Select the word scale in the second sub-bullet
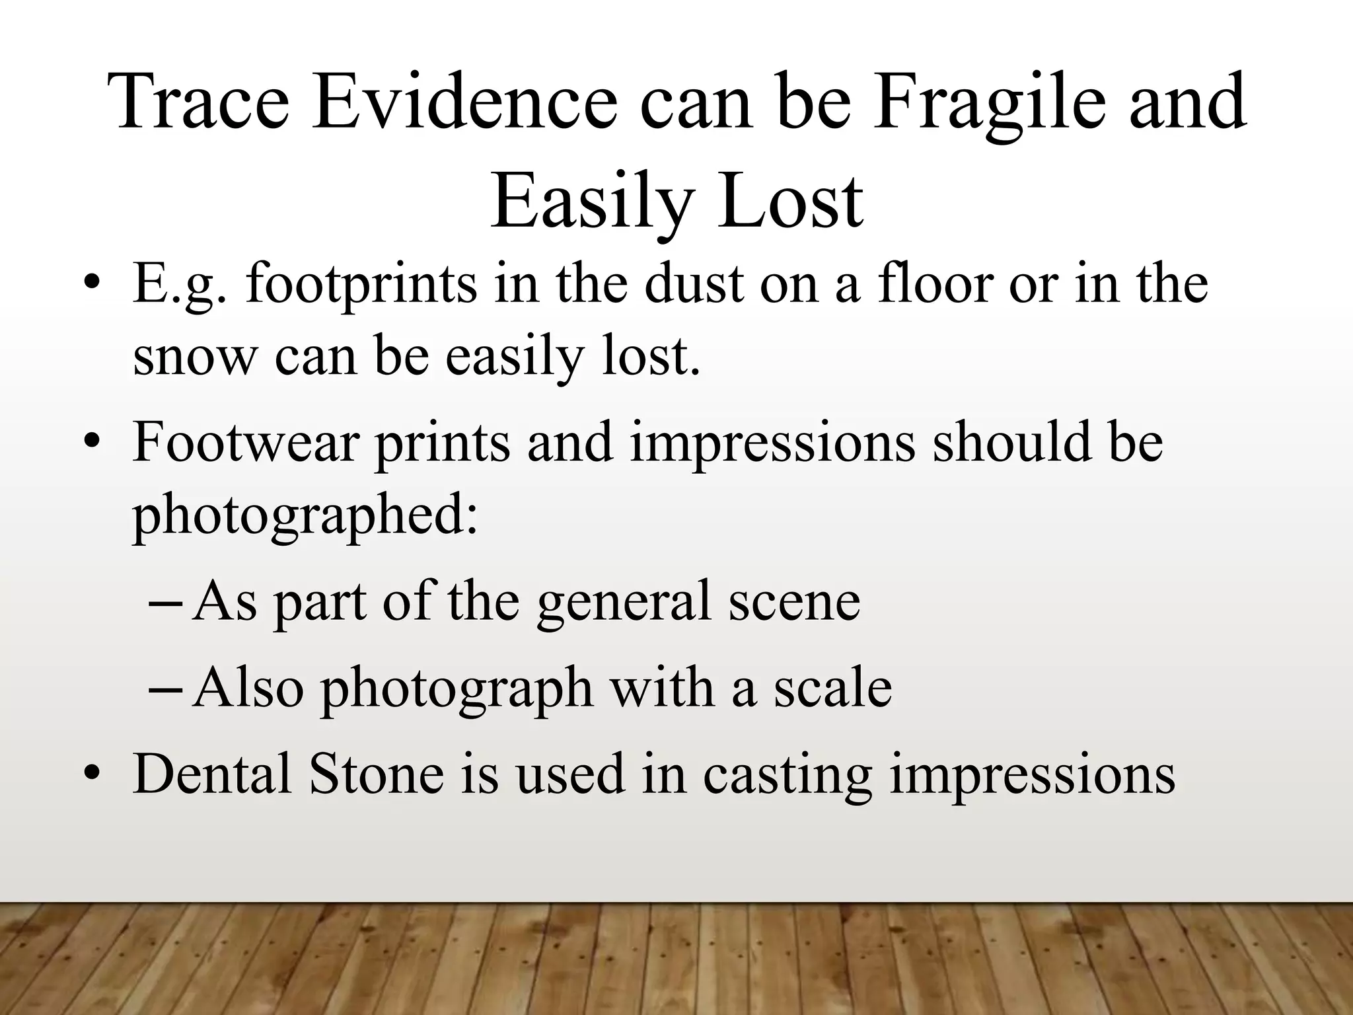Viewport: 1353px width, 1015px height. (x=833, y=688)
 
